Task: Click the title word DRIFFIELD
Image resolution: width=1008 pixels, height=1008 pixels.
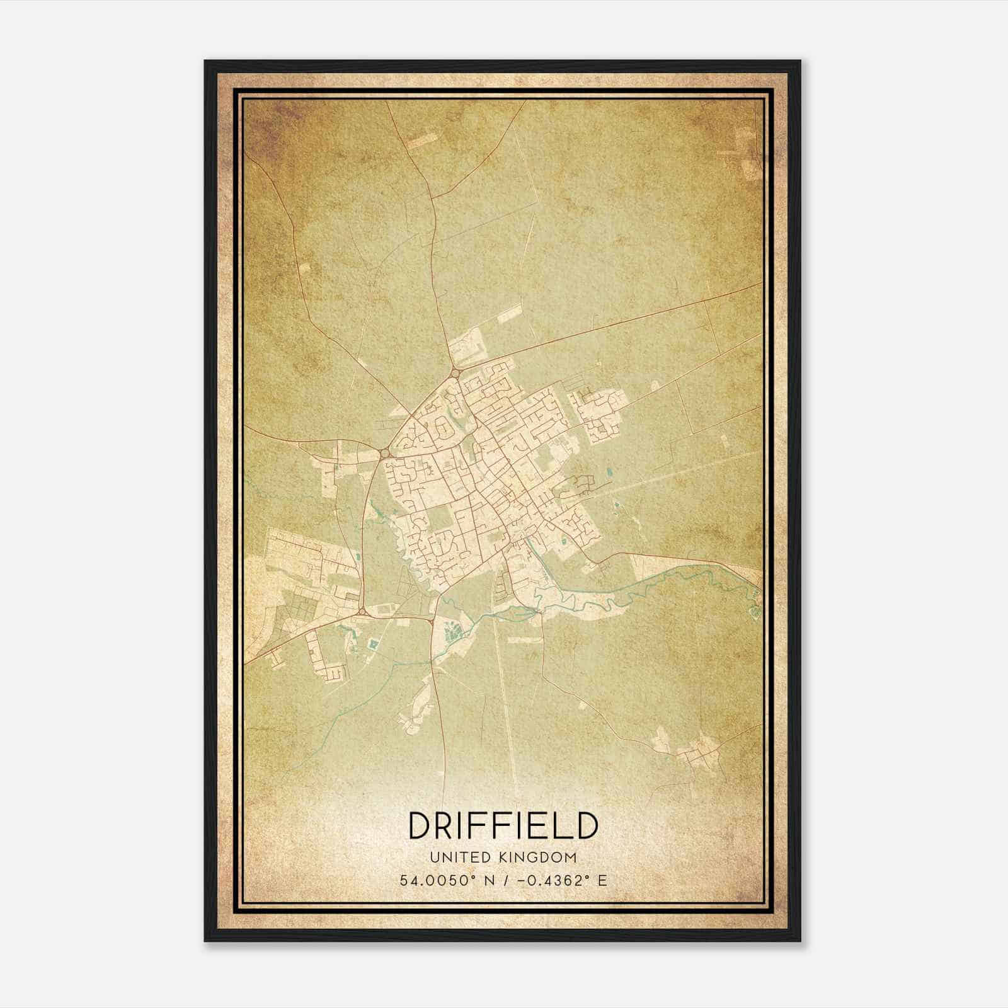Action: (x=503, y=825)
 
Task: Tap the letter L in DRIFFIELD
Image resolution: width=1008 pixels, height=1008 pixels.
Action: (x=559, y=825)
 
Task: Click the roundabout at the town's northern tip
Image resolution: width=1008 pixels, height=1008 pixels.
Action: (x=455, y=374)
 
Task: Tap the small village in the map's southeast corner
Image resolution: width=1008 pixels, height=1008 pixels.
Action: (x=696, y=753)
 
